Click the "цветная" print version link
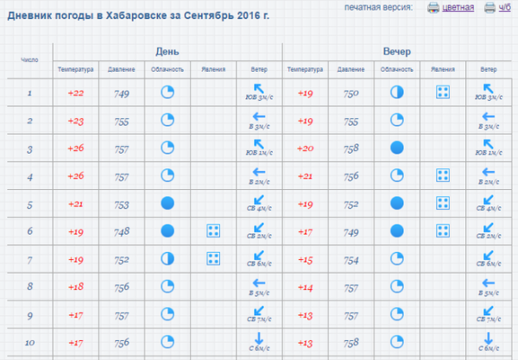458,8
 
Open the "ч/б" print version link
505,8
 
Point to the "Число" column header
29,60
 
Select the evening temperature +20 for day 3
305,149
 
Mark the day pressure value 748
121,231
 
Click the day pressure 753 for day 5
121,205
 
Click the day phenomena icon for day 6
212,231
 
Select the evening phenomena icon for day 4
442,176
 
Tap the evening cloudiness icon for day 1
396,92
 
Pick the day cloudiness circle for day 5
167,204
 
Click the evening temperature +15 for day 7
305,260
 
